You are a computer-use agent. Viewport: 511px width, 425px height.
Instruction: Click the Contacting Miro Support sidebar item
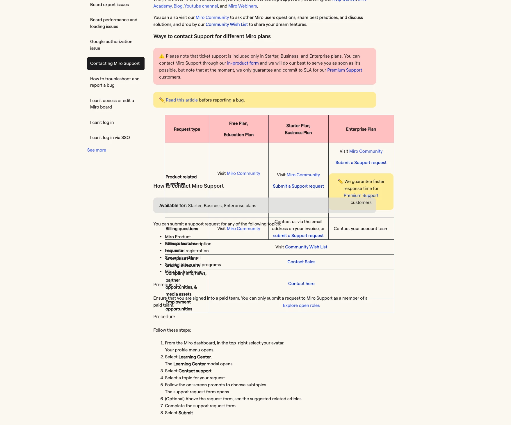(115, 63)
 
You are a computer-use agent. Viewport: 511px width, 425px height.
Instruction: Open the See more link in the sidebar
(97, 150)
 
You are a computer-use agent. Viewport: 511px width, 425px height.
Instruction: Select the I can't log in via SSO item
(110, 138)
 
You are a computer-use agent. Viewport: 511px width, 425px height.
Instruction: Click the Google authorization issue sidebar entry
(111, 45)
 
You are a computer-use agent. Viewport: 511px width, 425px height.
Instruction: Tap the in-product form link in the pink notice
(243, 63)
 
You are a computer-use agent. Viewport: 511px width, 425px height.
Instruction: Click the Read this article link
(181, 100)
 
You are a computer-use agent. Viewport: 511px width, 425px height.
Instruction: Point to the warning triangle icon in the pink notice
(162, 56)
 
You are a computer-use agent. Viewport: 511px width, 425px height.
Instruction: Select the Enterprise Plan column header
(361, 129)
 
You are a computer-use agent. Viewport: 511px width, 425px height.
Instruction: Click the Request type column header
(187, 129)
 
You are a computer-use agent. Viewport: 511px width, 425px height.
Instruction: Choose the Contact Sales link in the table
(301, 262)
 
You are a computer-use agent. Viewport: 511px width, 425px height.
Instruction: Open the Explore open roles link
(301, 305)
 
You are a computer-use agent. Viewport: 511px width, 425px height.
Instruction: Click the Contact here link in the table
(301, 284)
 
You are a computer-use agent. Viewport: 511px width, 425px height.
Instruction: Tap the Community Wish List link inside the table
(306, 247)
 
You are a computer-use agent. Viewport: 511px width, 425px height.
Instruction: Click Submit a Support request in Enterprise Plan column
(361, 163)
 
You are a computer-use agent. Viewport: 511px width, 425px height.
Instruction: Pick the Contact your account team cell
(361, 229)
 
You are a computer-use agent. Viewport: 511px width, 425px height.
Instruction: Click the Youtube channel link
(201, 6)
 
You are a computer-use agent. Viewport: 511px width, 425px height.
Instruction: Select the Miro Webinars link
(243, 6)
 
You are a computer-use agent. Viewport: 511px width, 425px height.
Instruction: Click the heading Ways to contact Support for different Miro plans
(212, 36)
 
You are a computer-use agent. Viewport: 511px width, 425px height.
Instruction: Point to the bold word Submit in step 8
(186, 413)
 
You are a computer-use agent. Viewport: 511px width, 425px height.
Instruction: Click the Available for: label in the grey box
(173, 206)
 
